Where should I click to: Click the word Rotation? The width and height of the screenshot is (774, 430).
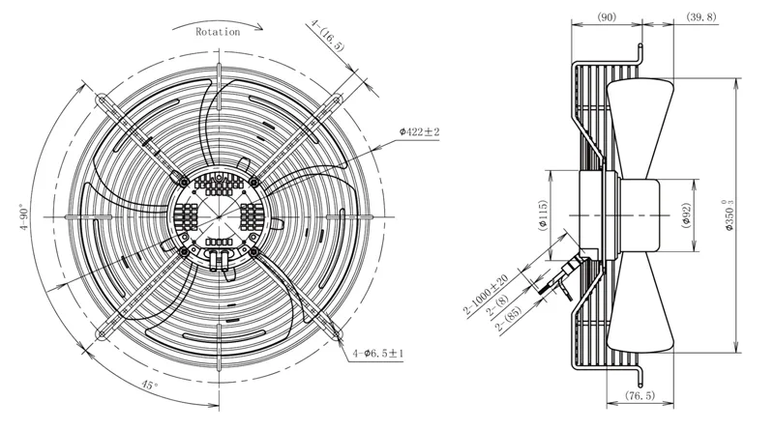click(x=218, y=32)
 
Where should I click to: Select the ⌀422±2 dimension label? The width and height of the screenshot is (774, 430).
click(x=419, y=131)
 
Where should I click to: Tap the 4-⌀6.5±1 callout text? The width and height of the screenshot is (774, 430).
click(x=378, y=354)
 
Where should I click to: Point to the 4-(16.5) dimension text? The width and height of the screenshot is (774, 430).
click(x=327, y=36)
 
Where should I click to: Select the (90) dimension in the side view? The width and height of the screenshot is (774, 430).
click(x=607, y=17)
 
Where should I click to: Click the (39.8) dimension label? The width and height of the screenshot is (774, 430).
click(x=700, y=17)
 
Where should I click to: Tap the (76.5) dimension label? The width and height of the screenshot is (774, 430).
click(x=640, y=395)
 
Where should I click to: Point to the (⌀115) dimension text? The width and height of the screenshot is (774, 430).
click(x=543, y=215)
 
